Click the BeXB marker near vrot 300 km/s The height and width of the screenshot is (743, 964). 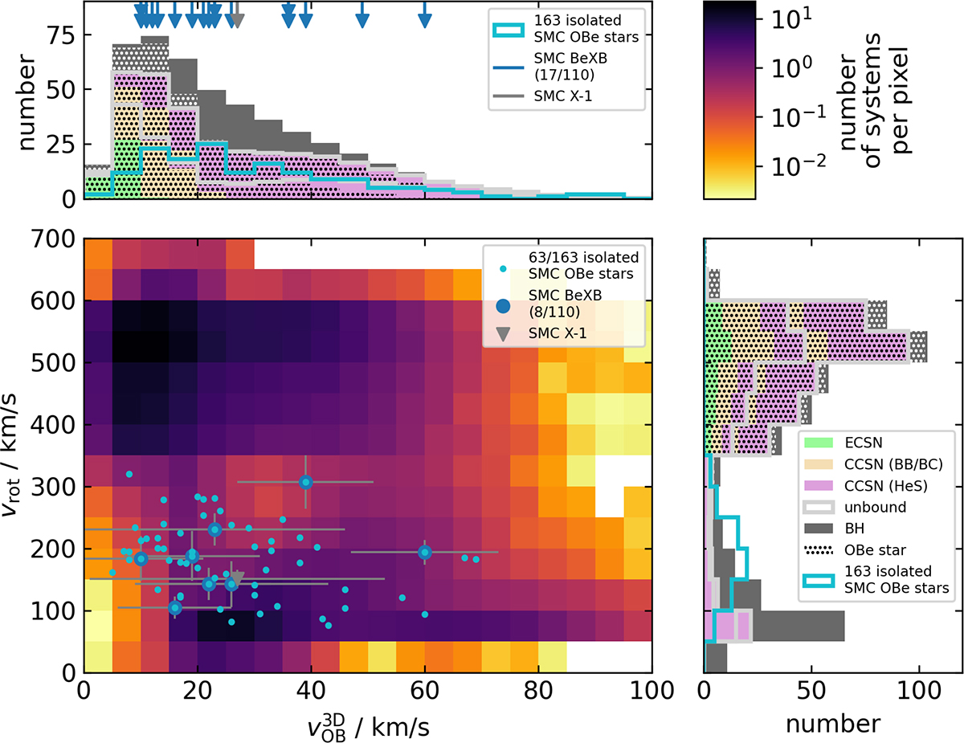click(305, 482)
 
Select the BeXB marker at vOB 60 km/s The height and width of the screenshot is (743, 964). click(425, 552)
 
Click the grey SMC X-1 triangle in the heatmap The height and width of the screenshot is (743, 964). click(237, 578)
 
